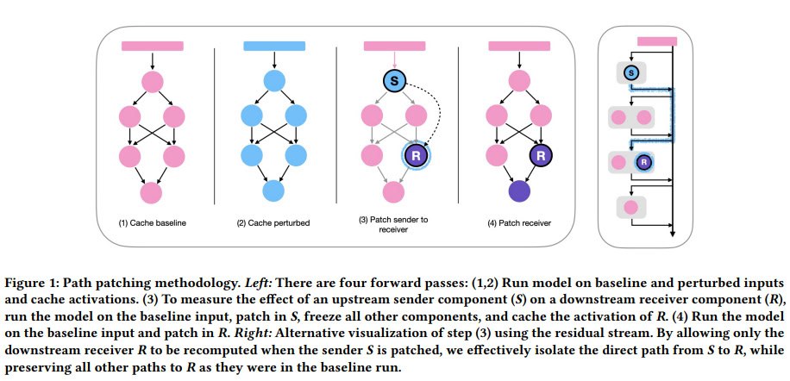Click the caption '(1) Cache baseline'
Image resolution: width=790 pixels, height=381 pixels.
coord(153,224)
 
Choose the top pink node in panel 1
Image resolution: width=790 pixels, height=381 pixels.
coord(153,82)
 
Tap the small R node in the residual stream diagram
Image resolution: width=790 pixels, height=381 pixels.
coord(643,161)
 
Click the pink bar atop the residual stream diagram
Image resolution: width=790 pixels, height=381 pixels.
coord(656,41)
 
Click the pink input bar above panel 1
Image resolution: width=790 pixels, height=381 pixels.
coord(153,45)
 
